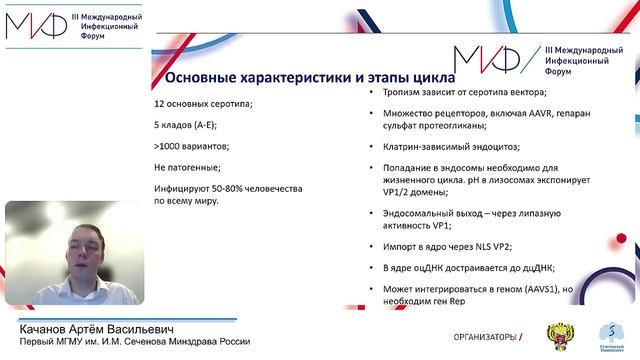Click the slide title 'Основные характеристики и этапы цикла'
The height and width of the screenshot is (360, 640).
308,77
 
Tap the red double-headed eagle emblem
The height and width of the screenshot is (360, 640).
554,334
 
